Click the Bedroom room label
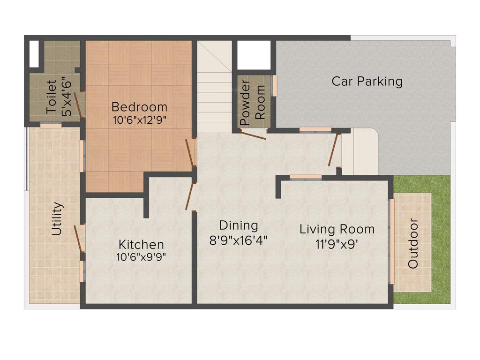point(140,106)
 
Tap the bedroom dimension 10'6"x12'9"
point(140,120)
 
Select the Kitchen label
point(141,244)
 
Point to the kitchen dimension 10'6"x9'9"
point(141,257)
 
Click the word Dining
point(239,225)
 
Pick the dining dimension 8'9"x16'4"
point(239,240)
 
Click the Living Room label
point(337,229)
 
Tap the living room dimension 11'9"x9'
point(337,244)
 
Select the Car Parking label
point(367,81)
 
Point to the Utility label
point(57,218)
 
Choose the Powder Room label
point(252,102)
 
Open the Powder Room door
point(253,135)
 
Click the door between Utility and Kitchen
point(79,239)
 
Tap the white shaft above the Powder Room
point(254,55)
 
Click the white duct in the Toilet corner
point(34,54)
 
